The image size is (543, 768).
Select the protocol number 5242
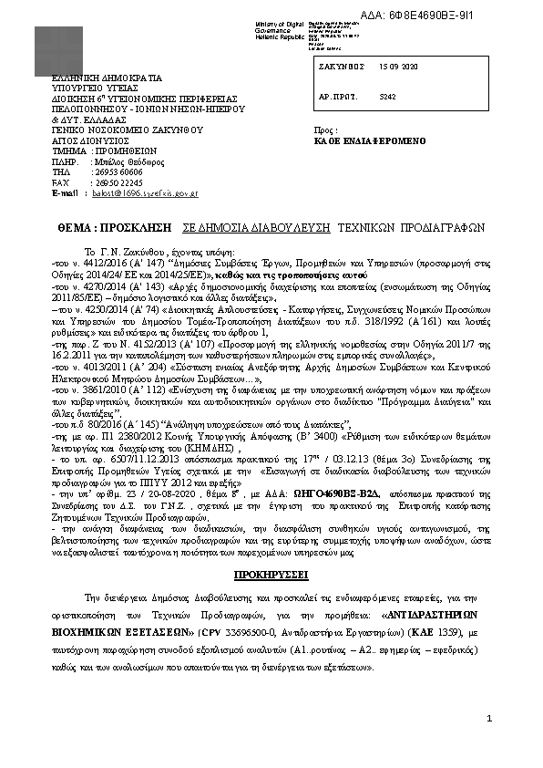pos(387,95)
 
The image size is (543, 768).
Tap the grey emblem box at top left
pos(57,50)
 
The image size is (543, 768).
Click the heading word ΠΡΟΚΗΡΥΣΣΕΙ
pos(271,576)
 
